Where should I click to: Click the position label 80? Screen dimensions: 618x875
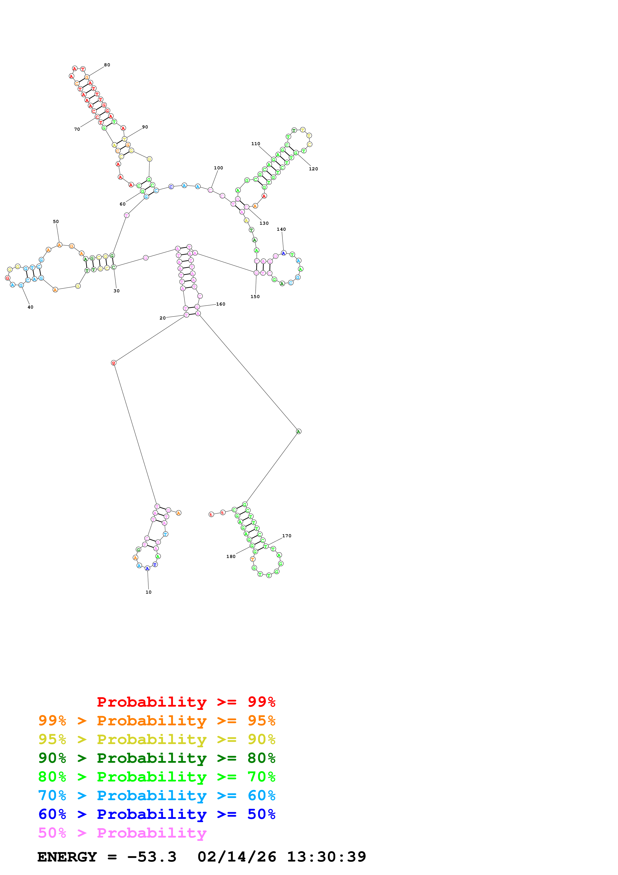point(107,65)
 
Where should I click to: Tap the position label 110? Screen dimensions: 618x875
point(256,144)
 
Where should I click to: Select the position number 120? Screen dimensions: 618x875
point(313,169)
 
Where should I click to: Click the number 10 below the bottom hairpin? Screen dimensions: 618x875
point(149,592)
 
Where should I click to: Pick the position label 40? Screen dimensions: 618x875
point(30,307)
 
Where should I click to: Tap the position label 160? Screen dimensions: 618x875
point(221,304)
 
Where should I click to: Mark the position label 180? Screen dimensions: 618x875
point(231,556)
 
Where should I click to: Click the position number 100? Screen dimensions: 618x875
point(218,168)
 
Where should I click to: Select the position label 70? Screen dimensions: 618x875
point(77,129)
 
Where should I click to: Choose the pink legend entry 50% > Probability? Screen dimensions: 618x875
point(122,833)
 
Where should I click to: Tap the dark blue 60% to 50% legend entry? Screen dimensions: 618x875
point(157,814)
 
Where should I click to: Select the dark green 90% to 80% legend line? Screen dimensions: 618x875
point(157,758)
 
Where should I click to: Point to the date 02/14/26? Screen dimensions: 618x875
point(237,857)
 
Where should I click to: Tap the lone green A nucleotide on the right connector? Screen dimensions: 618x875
point(298,432)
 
